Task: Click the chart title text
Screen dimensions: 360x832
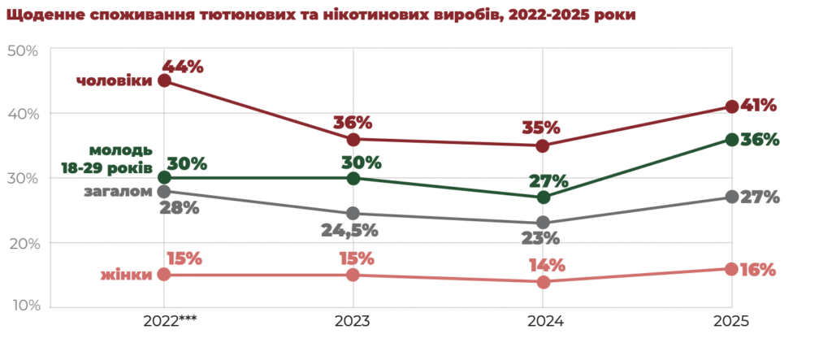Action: (x=323, y=15)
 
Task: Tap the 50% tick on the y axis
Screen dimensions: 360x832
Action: (x=22, y=50)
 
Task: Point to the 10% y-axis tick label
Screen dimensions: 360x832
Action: (x=22, y=306)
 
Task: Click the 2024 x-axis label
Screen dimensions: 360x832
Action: (x=543, y=322)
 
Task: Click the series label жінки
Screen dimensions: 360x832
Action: (x=127, y=275)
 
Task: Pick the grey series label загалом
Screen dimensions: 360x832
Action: (x=118, y=192)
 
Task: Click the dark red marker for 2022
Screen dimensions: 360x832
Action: (x=164, y=80)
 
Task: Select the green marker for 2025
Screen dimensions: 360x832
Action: (x=731, y=140)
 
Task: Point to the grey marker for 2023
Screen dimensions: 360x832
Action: (x=353, y=214)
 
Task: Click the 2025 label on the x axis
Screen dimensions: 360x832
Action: (x=731, y=322)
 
